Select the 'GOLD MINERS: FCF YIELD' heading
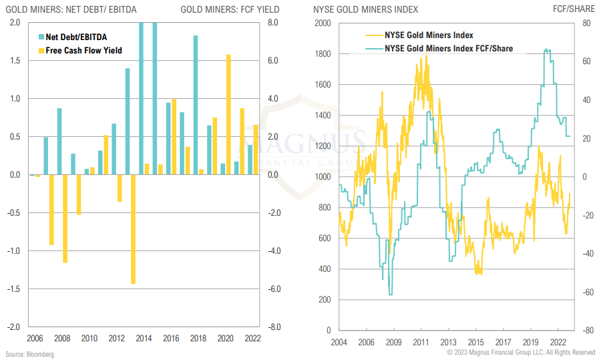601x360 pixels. (x=230, y=9)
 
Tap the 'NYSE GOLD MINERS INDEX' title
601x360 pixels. (x=366, y=9)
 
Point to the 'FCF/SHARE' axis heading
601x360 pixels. (x=574, y=9)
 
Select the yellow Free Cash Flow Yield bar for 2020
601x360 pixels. (x=229, y=114)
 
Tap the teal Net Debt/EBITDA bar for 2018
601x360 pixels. (x=195, y=105)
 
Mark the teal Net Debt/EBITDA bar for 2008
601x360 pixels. (x=59, y=141)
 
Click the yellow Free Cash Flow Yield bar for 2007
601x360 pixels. (x=51, y=210)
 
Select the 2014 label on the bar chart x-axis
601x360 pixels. (x=143, y=337)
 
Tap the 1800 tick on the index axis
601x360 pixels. (x=323, y=54)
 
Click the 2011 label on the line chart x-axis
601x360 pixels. (x=421, y=341)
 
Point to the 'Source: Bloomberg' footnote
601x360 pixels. (x=29, y=353)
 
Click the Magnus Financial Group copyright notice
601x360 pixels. (x=523, y=352)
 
